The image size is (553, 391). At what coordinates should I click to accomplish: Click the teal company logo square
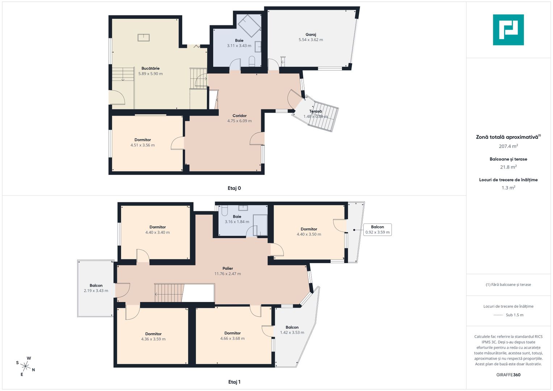tap(508, 30)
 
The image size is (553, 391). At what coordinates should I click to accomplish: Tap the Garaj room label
tap(311, 34)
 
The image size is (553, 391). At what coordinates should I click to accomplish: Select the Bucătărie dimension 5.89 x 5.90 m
tap(150, 73)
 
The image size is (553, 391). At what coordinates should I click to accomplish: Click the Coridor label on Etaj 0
tap(239, 115)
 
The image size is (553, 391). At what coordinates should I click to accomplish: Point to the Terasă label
tap(315, 112)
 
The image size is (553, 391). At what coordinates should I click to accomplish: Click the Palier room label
tap(228, 268)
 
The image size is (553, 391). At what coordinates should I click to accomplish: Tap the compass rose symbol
tap(25, 366)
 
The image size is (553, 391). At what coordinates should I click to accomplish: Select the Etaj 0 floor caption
tap(234, 188)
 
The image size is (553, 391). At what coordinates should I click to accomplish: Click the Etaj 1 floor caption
tap(234, 382)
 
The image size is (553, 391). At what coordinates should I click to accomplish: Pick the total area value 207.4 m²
tap(508, 146)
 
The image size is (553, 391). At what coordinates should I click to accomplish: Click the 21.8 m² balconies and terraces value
tap(508, 167)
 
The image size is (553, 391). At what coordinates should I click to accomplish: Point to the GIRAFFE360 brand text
tap(508, 375)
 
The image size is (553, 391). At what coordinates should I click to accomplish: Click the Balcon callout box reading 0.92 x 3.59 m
tap(377, 230)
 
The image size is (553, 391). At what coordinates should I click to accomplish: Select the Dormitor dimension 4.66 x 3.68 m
tap(232, 339)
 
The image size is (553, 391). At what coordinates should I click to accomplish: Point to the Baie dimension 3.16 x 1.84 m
tap(237, 222)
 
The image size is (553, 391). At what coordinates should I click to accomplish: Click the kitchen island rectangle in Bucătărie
tap(143, 38)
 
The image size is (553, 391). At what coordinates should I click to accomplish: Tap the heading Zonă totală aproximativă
tap(507, 137)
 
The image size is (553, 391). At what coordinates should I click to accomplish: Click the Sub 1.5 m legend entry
tap(515, 315)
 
